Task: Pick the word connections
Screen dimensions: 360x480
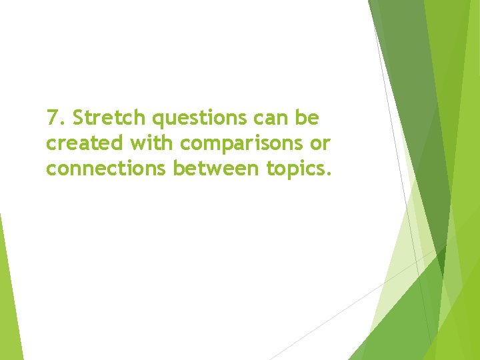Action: tap(107, 169)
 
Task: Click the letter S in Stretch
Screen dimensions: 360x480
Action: tap(77, 119)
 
